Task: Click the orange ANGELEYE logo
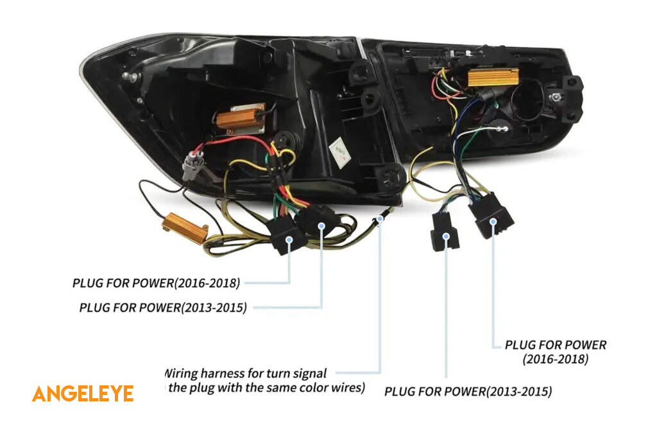83,394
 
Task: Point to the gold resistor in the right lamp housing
493,77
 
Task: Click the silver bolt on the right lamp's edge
555,97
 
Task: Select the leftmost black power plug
287,235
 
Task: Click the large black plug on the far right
491,216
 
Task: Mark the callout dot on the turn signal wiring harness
380,219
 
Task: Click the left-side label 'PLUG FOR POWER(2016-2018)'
156,283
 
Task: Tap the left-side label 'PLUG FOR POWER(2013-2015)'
163,307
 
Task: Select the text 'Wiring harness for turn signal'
246,373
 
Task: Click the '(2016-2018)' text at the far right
555,360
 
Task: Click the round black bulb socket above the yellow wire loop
284,141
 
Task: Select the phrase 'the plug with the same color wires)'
265,388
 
